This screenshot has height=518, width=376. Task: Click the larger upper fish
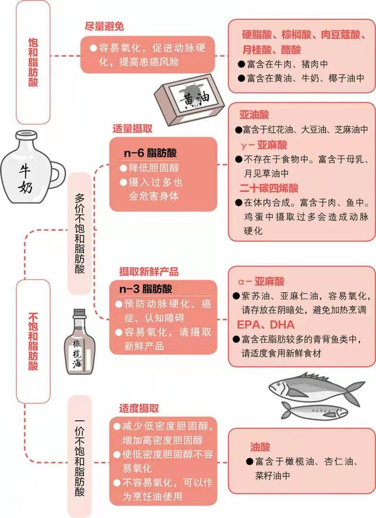pyautogui.click(x=316, y=388)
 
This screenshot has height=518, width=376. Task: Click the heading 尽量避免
pyautogui.click(x=105, y=26)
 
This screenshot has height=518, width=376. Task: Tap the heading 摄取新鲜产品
pyautogui.click(x=149, y=272)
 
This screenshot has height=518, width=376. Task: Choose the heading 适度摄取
pyautogui.click(x=139, y=408)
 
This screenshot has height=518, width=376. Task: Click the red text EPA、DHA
pyautogui.click(x=261, y=324)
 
